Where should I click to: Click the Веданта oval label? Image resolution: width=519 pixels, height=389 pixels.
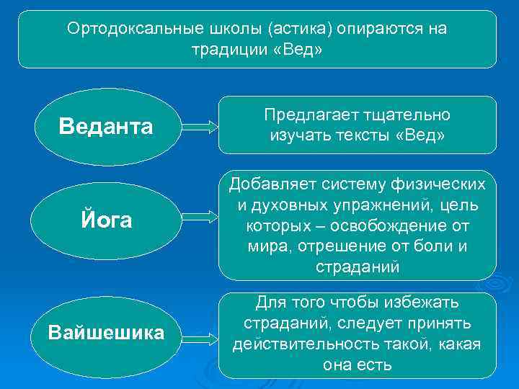pyautogui.click(x=106, y=127)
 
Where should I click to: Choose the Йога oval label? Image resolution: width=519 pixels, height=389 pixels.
pyautogui.click(x=106, y=220)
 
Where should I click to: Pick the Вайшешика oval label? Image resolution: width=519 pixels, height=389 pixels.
pyautogui.click(x=106, y=332)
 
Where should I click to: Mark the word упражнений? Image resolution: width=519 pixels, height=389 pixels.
pyautogui.click(x=368, y=205)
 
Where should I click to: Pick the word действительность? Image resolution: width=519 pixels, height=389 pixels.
pyautogui.click(x=302, y=344)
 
